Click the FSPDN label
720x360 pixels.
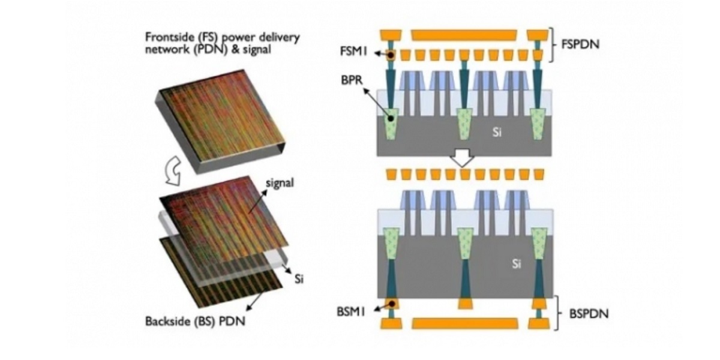580,44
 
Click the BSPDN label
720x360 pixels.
581,313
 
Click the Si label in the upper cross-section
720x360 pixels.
496,132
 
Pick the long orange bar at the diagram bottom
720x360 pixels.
465,323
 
